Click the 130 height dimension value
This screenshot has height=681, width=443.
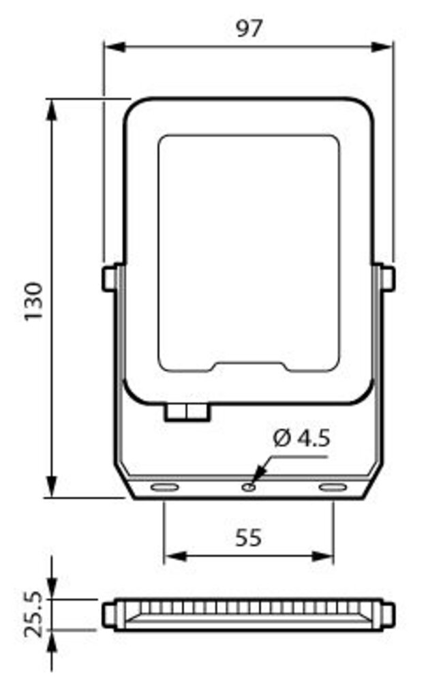[x=34, y=301]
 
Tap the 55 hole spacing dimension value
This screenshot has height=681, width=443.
[x=248, y=538]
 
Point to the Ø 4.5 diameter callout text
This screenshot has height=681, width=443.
[x=301, y=438]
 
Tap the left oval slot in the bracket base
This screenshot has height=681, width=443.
[x=164, y=487]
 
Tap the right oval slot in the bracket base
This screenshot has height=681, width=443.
[x=333, y=487]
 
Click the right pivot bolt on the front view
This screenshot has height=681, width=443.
[x=387, y=278]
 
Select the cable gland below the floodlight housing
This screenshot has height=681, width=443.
[x=187, y=412]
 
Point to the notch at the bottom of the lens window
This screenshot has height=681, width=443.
[x=251, y=366]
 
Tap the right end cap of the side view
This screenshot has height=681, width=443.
[x=388, y=615]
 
